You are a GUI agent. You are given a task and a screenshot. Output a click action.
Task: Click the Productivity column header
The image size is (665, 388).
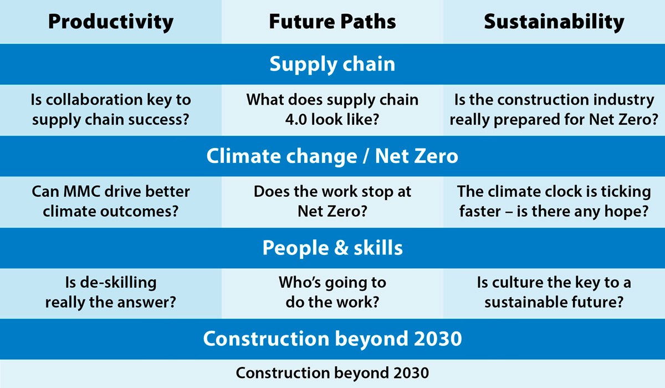point(111,22)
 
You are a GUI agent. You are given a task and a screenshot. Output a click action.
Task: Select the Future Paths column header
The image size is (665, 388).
point(332,22)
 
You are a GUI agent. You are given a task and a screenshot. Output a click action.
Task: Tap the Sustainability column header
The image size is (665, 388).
point(554,22)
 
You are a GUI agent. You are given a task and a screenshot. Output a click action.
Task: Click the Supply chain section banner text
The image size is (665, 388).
point(332,64)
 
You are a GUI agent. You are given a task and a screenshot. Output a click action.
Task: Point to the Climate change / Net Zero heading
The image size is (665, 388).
point(332,156)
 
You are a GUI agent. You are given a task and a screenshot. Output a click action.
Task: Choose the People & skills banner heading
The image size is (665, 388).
point(332,248)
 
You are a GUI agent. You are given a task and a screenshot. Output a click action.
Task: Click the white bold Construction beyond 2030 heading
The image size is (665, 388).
point(332,339)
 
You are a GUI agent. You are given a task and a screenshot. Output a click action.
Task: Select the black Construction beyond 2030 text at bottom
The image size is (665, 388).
point(332,373)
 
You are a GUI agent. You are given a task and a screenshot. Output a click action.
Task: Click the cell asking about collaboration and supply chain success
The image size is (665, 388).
point(111,110)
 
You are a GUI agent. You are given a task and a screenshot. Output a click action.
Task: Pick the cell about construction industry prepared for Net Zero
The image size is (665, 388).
point(554,110)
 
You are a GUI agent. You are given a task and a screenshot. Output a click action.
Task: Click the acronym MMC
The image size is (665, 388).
point(81,192)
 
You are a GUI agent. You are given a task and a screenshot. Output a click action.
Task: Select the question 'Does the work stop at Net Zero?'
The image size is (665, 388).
point(332,202)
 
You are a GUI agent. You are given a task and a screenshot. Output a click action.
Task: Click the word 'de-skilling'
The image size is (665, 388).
point(118,283)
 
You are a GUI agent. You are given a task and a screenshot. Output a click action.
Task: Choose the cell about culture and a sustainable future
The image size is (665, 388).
point(554,293)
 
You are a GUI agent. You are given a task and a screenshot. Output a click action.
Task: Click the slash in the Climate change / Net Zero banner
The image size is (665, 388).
point(366,156)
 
